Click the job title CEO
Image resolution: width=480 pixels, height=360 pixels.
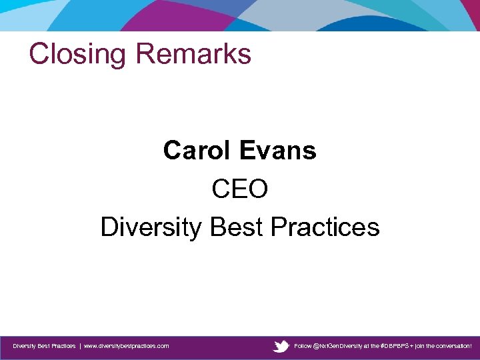coord(239,189)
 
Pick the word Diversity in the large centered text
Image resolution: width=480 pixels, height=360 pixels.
coord(151,227)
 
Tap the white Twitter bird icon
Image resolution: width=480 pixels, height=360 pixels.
coord(281,346)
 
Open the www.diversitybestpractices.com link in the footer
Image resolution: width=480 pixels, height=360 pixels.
coord(126,346)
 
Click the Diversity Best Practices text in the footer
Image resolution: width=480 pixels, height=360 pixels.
coord(44,346)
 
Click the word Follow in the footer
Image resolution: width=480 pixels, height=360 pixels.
coord(303,346)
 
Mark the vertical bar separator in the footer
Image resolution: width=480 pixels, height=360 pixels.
coord(80,346)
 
